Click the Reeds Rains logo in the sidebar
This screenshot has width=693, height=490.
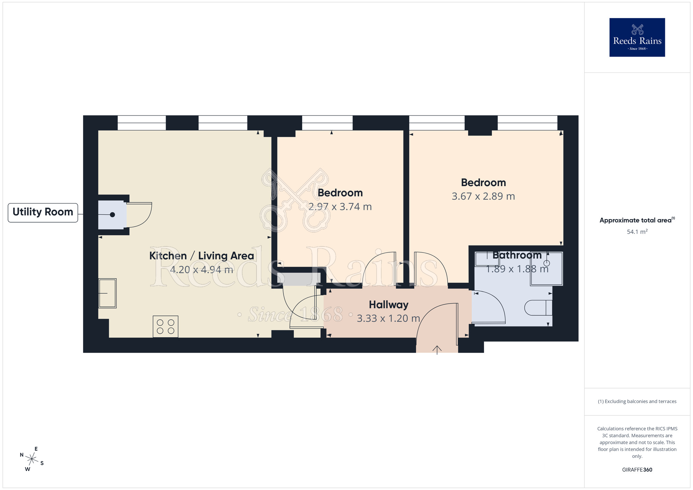click(x=637, y=37)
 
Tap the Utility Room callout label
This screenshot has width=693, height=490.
click(x=43, y=212)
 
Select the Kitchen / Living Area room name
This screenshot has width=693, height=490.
click(x=201, y=256)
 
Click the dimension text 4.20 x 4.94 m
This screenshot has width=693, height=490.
click(x=201, y=270)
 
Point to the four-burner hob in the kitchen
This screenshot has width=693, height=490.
click(x=166, y=326)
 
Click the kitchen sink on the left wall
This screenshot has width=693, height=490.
click(x=107, y=293)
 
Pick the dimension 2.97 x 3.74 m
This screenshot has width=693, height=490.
click(x=340, y=207)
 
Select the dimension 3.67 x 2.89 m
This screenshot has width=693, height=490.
click(x=483, y=196)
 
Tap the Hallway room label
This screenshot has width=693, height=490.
click(x=388, y=305)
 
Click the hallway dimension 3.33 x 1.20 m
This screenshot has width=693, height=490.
click(x=388, y=318)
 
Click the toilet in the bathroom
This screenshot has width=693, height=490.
click(x=538, y=308)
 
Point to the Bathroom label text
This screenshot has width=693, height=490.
click(x=517, y=255)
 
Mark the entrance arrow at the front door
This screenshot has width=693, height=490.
click(x=437, y=350)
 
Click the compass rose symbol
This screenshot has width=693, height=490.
click(x=32, y=460)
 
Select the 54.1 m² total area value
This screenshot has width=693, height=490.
click(x=637, y=232)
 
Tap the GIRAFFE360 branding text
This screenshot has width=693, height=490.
click(x=637, y=470)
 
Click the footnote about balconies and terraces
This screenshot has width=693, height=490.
click(x=637, y=402)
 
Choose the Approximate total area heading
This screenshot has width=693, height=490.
click(x=637, y=220)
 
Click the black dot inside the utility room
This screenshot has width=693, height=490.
click(x=112, y=215)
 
